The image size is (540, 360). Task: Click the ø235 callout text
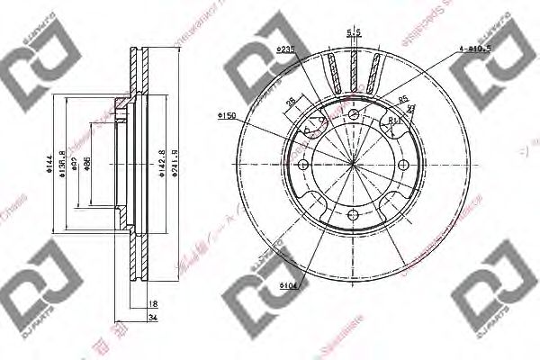pos(287,48)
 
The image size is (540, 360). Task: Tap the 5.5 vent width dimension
pos(353,33)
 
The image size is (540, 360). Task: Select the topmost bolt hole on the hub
pos(354,114)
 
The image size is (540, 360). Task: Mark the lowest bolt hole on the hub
pos(354,215)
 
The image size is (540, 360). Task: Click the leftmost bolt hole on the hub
pos(303,165)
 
